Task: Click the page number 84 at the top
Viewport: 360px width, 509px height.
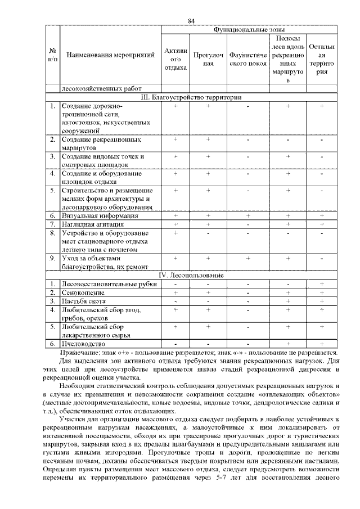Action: click(191, 21)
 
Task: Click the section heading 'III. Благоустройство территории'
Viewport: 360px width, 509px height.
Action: click(191, 97)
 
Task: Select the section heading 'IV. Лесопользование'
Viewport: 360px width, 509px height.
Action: click(191, 275)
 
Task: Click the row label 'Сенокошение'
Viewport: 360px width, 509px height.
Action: click(83, 292)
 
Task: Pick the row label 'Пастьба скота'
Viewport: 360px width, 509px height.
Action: click(85, 301)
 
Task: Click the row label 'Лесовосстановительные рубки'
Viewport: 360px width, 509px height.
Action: click(109, 283)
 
